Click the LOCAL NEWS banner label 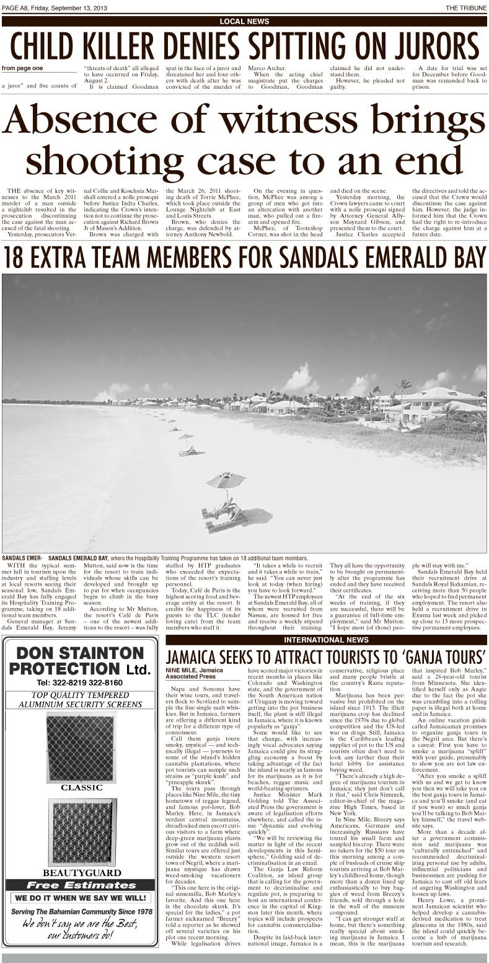click(x=244, y=22)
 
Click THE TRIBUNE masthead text click(x=466, y=7)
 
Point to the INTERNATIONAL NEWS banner click(x=325, y=640)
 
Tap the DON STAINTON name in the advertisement click(x=79, y=653)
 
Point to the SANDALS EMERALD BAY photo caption click(x=155, y=558)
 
